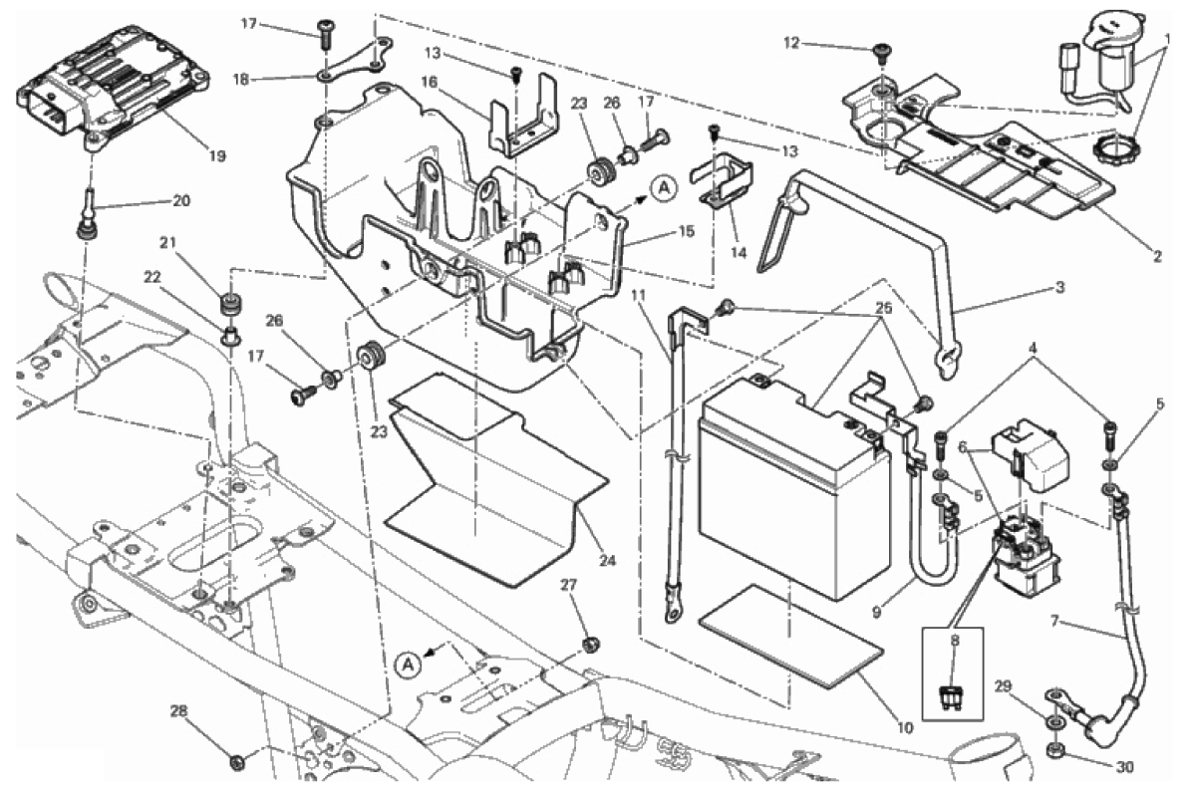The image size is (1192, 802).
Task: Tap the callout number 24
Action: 608,561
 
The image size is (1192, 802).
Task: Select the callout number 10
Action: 904,727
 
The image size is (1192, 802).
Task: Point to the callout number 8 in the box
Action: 954,643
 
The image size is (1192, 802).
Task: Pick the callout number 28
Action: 178,711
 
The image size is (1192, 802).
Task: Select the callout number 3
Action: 1059,287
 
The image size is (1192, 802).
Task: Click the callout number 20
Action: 180,200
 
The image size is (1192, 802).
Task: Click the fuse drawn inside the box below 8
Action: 954,697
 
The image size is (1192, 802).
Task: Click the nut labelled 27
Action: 590,645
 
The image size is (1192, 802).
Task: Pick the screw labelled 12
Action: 880,50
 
